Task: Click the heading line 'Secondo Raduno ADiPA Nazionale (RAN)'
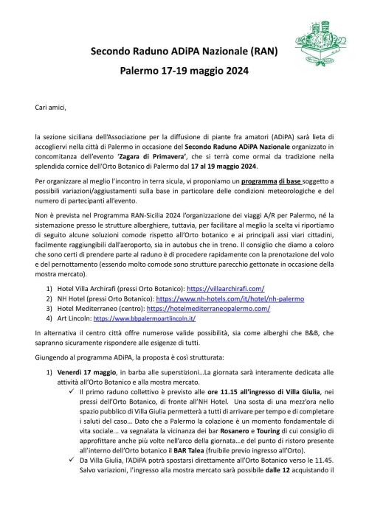point(184,53)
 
